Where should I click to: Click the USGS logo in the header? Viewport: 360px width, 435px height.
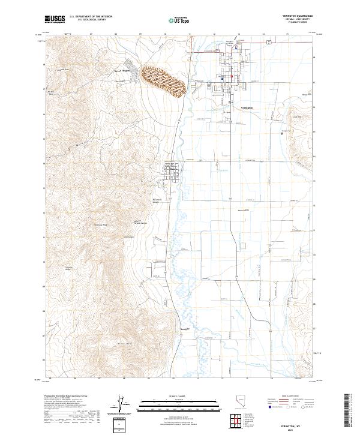[55, 20]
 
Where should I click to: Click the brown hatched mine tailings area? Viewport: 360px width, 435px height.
[163, 79]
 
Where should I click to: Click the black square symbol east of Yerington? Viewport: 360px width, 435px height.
[281, 134]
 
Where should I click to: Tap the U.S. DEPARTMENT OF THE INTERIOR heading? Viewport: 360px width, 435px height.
[90, 17]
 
